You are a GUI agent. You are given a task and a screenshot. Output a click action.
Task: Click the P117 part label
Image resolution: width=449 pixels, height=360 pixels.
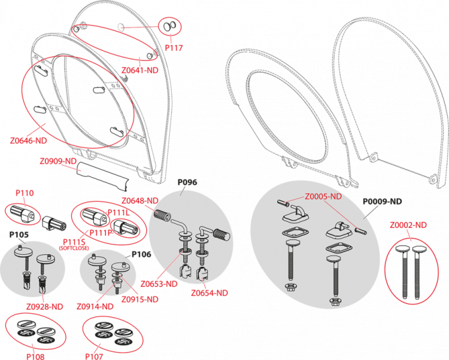[x=174, y=48]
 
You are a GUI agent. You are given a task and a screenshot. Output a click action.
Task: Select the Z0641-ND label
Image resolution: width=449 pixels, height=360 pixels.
[x=139, y=70]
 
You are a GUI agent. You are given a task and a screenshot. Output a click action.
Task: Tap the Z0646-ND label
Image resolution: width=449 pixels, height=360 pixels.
[x=28, y=141]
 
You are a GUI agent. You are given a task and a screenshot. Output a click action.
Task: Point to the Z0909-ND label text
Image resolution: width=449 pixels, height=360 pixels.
[x=58, y=161]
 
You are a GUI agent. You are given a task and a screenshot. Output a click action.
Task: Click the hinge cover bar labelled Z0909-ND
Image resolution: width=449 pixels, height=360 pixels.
[x=102, y=176]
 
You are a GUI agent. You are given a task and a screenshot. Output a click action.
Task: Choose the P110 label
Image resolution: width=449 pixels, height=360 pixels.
[x=25, y=193]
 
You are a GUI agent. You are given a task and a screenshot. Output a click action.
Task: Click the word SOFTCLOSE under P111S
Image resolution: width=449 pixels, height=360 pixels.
[x=74, y=248]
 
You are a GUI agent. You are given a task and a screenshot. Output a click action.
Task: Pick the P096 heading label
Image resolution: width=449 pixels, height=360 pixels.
[x=187, y=182]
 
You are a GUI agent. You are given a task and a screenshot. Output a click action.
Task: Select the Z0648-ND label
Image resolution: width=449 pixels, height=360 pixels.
[x=139, y=201]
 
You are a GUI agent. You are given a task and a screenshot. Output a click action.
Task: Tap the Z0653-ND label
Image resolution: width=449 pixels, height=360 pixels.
[x=159, y=284]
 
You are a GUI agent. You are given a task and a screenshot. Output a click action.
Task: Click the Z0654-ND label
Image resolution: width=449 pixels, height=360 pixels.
[x=210, y=293]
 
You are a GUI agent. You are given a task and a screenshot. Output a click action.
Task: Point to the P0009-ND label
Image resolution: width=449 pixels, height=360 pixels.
[x=383, y=202]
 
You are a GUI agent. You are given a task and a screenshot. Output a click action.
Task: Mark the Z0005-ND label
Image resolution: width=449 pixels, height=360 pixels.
[x=323, y=197]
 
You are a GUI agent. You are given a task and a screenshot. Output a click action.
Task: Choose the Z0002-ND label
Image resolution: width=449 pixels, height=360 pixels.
[x=408, y=225]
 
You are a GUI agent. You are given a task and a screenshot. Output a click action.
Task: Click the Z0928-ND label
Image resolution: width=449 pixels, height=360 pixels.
[x=45, y=307]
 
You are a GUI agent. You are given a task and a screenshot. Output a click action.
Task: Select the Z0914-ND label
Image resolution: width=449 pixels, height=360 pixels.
[x=95, y=307]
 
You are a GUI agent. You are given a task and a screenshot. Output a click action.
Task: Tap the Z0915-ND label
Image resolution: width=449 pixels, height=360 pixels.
[x=139, y=300]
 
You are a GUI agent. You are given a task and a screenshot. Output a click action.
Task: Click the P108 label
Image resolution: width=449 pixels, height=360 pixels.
[x=35, y=356]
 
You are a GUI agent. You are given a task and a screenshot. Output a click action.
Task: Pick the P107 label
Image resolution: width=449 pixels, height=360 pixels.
[x=94, y=356]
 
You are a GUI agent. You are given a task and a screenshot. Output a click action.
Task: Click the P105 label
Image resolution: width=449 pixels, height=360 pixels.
[x=19, y=235]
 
